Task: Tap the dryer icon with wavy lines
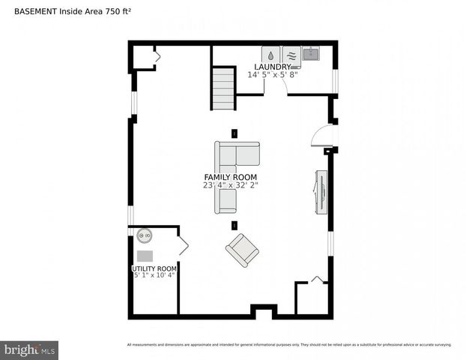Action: pos(291,55)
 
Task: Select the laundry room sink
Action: pos(311,53)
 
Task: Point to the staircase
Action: pos(223,88)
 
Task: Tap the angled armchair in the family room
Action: pos(243,250)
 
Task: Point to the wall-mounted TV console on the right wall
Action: pos(320,192)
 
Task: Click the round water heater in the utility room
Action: pos(144,235)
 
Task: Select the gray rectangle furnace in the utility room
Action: pos(145,256)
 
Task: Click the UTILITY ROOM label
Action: pos(154,268)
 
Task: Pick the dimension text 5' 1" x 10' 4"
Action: pos(154,276)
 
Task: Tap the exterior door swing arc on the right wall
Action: pos(322,136)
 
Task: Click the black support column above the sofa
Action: pos(234,133)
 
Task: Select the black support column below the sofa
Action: pos(234,225)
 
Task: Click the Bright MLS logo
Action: pos(30,349)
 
